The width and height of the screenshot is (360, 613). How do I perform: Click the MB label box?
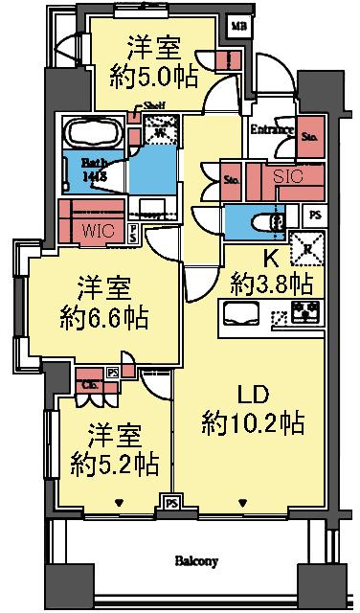pyautogui.click(x=238, y=26)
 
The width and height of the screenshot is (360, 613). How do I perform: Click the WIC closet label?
pyautogui.click(x=101, y=230)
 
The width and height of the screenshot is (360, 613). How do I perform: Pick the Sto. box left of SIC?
pyautogui.click(x=231, y=178)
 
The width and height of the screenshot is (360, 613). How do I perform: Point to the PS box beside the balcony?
pyautogui.click(x=172, y=501)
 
